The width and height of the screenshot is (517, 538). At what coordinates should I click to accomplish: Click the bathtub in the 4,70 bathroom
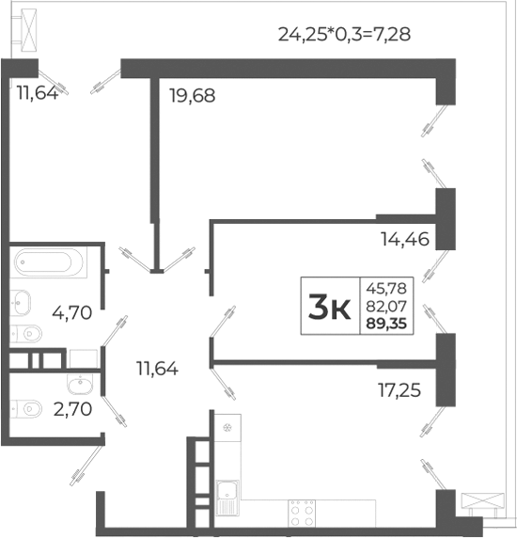coord(48,262)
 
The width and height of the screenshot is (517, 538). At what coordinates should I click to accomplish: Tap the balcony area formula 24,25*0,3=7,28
coord(344,34)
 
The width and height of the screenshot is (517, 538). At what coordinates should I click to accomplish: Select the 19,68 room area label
coord(193,95)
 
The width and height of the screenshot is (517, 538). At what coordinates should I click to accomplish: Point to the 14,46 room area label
coord(405,239)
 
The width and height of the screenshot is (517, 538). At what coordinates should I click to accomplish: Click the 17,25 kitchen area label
coord(399,390)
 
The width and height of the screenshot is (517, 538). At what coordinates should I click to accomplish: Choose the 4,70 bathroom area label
coord(72,312)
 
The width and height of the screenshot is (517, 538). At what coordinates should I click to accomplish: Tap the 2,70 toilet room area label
coord(72,409)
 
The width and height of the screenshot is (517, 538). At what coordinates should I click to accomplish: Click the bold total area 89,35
coord(386,324)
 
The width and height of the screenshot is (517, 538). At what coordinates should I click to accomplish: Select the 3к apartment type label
coord(329,307)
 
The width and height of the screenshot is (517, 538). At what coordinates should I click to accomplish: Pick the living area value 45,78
coord(386,288)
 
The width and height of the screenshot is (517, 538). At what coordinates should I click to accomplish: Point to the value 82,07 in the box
coord(386,306)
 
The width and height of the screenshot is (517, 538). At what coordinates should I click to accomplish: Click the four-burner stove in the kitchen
coord(302,513)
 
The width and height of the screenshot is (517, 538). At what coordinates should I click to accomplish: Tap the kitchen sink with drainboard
coord(227,498)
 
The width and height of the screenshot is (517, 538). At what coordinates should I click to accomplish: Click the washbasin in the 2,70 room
coord(80,384)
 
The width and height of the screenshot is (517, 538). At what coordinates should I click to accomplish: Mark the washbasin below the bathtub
coord(20,302)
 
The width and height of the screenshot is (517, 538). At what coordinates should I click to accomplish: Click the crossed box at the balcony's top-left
coord(29,30)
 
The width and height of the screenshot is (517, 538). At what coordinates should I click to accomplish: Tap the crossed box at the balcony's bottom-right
coord(483,500)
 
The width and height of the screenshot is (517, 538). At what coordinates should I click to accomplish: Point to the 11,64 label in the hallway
coord(157,369)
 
